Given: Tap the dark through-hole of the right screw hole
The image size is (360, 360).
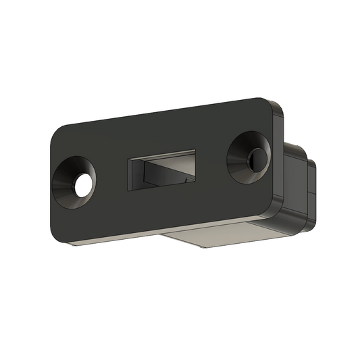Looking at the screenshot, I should click(255, 159).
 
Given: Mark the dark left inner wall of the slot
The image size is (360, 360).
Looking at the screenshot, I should click(136, 173).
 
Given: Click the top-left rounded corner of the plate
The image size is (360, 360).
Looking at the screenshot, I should click(59, 132).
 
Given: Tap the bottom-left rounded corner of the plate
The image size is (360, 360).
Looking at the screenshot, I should click(57, 236).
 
